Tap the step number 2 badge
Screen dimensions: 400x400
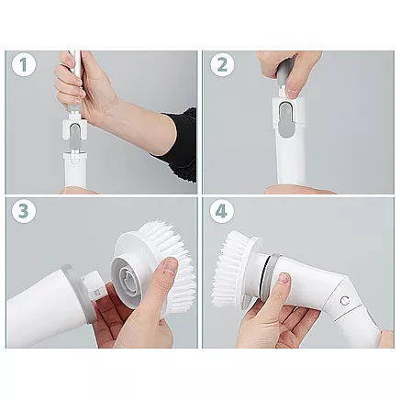point(220,66)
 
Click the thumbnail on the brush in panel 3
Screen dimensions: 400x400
point(170,266)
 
